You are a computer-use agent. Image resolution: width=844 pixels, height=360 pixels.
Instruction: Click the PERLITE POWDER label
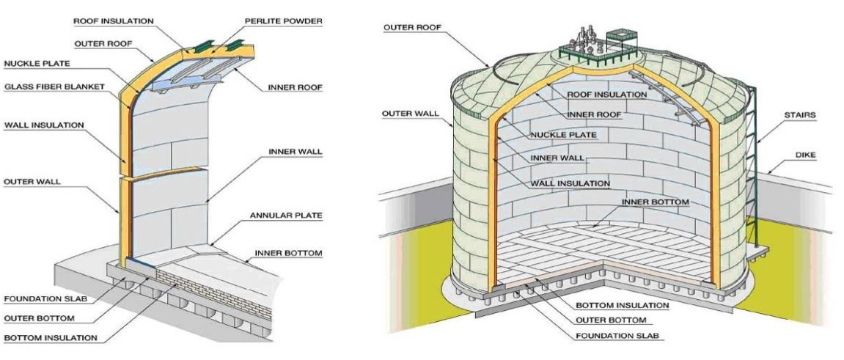(x=284, y=21)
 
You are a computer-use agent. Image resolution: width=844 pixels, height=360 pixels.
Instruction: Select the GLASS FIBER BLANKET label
(x=54, y=87)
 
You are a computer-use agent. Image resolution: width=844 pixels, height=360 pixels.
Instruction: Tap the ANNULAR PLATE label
(x=286, y=216)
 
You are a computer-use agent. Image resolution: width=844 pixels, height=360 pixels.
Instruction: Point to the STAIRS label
(x=800, y=114)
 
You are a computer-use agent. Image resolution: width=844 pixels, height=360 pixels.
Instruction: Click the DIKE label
(x=806, y=155)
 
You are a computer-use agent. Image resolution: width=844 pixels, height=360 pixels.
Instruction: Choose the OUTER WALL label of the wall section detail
(x=32, y=182)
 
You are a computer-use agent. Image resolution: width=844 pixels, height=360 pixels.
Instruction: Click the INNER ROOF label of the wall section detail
(x=295, y=87)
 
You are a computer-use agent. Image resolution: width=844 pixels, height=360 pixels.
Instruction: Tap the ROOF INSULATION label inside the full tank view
(x=607, y=94)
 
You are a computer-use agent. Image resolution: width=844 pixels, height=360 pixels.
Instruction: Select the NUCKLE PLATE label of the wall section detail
(x=37, y=64)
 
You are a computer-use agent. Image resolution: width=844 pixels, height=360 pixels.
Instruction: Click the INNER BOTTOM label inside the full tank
(x=655, y=202)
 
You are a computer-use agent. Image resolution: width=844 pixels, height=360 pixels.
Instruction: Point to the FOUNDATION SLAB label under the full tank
(x=617, y=336)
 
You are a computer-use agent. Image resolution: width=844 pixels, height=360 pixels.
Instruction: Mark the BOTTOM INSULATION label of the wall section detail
(x=51, y=338)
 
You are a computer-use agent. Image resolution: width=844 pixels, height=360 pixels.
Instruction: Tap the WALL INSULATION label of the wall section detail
(x=44, y=125)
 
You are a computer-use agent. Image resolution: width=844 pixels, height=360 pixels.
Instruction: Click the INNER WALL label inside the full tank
(x=557, y=158)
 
